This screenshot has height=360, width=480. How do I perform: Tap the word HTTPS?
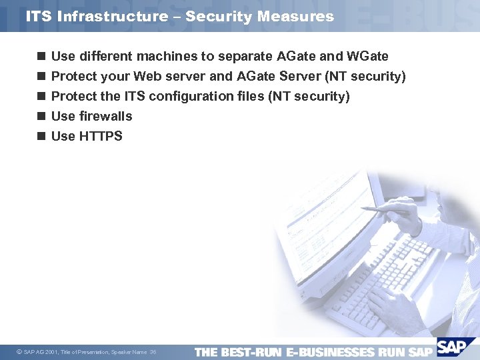(x=101, y=136)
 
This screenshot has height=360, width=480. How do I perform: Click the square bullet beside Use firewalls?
(x=41, y=116)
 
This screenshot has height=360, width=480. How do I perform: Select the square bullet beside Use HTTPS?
(x=41, y=136)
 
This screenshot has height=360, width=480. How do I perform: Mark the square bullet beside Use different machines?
(x=41, y=56)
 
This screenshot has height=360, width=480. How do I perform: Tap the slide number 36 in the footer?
(x=153, y=352)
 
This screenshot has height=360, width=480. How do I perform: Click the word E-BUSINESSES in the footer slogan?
(x=329, y=351)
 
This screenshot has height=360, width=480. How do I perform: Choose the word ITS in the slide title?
(x=39, y=16)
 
